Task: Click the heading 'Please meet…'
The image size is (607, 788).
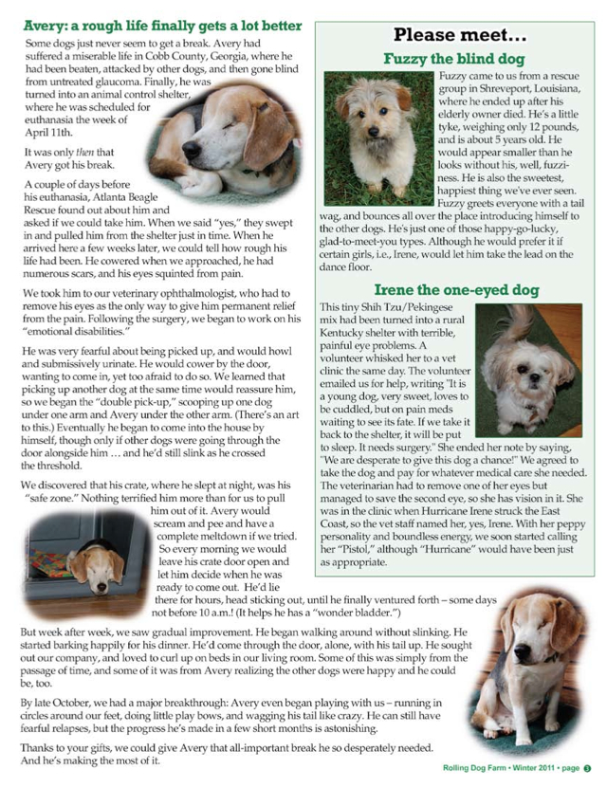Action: coord(459,36)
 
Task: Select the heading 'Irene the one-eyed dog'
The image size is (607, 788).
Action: coord(458,289)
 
